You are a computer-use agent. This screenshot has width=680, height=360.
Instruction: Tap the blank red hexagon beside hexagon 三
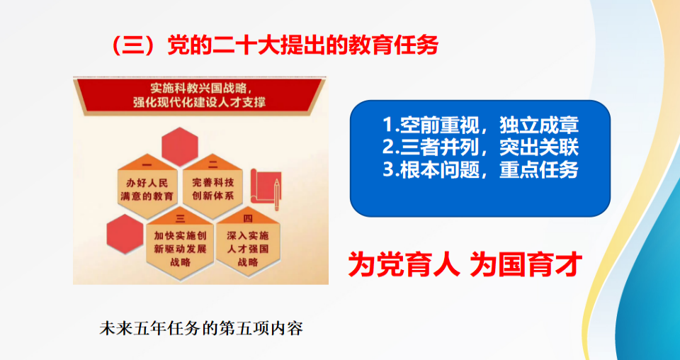(x=125, y=235)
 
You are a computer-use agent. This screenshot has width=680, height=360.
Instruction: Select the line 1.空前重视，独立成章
(x=480, y=125)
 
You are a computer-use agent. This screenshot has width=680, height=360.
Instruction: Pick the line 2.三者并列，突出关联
(x=480, y=148)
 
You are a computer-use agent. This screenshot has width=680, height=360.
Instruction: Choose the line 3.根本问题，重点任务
(x=480, y=170)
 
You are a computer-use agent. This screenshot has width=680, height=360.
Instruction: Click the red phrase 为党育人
(x=404, y=265)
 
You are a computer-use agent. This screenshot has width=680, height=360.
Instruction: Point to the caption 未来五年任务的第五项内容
(x=200, y=329)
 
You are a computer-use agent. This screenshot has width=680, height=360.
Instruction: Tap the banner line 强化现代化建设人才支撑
(x=200, y=103)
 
